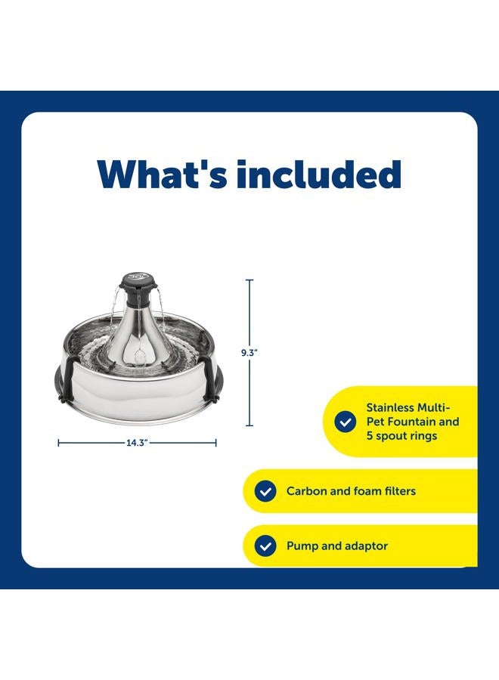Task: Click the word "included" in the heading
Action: coord(318,175)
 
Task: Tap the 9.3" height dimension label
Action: coord(249,352)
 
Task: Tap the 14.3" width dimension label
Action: coord(137,444)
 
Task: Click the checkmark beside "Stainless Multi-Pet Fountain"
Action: coord(346,422)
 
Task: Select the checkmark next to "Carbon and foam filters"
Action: coord(265,491)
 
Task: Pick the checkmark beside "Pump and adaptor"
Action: coord(265,546)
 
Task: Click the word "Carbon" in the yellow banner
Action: coord(308,491)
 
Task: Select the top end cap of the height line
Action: coord(249,280)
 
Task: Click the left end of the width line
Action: coord(59,444)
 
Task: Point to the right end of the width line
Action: coord(216,444)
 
